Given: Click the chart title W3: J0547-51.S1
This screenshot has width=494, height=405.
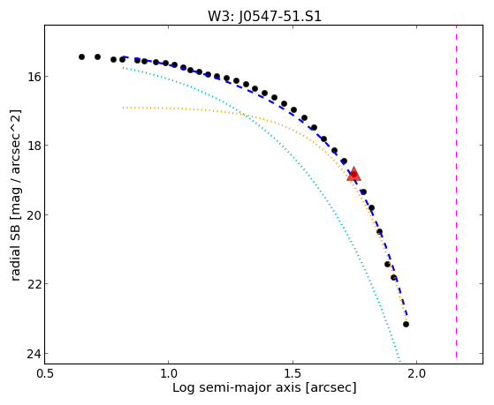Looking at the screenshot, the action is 264,17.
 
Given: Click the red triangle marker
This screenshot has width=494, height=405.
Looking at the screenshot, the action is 353,174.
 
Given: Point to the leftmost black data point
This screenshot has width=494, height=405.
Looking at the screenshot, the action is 81,57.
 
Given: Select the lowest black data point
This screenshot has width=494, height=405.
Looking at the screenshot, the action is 406,324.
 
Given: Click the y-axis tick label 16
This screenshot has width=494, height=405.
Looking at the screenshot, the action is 33,77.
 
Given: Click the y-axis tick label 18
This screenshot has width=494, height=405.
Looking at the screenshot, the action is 33,146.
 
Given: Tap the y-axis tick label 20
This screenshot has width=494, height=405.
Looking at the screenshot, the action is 33,215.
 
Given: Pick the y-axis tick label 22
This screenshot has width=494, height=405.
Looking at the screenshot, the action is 33,284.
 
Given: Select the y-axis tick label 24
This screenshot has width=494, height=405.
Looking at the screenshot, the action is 33,354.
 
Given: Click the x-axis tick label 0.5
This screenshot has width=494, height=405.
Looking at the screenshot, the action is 45,374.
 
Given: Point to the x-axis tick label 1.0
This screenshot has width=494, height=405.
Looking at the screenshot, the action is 169,374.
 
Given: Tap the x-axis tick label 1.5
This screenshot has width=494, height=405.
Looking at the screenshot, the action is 293,374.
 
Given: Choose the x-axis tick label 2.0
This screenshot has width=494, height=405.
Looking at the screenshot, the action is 417,374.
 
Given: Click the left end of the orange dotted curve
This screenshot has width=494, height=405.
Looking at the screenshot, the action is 123,108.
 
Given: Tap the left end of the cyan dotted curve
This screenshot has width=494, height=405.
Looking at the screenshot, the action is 123,67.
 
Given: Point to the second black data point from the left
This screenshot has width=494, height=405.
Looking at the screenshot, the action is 98,57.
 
